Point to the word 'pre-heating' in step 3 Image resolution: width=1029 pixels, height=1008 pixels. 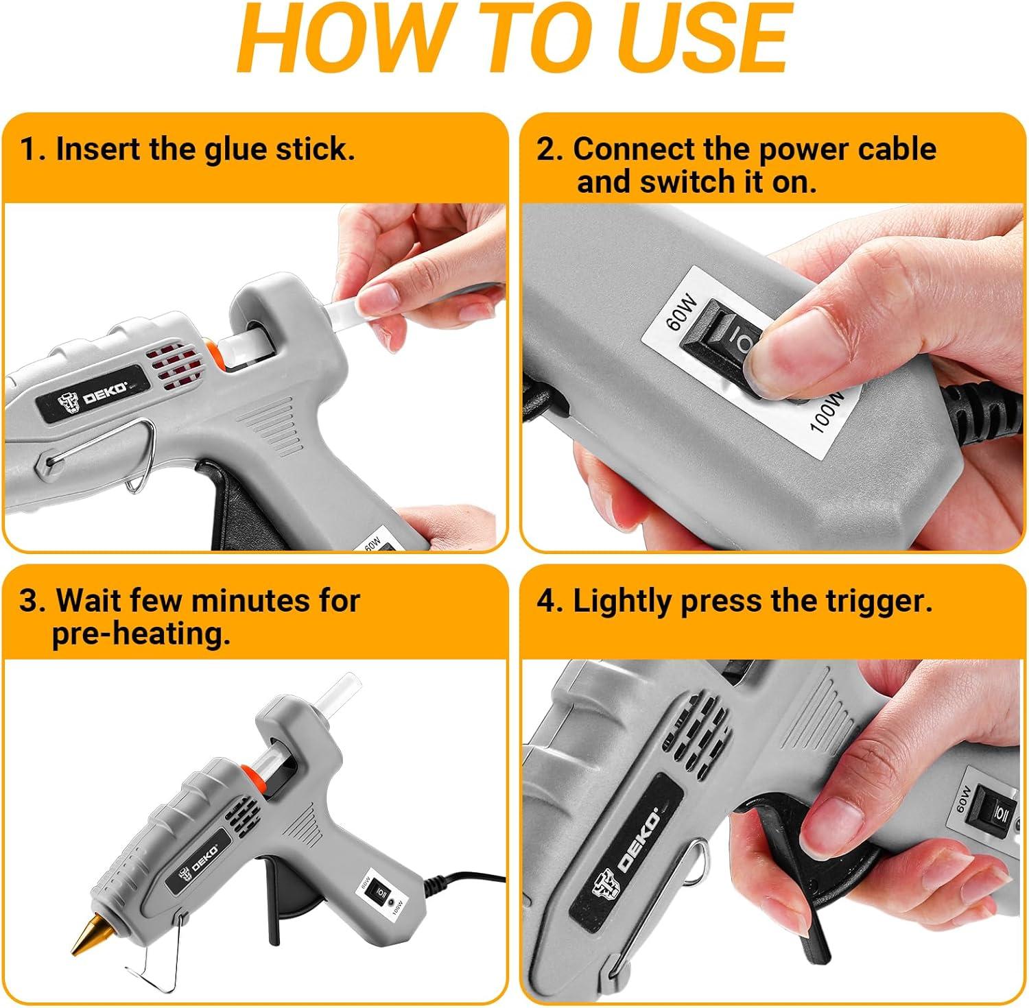pos(141,634)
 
